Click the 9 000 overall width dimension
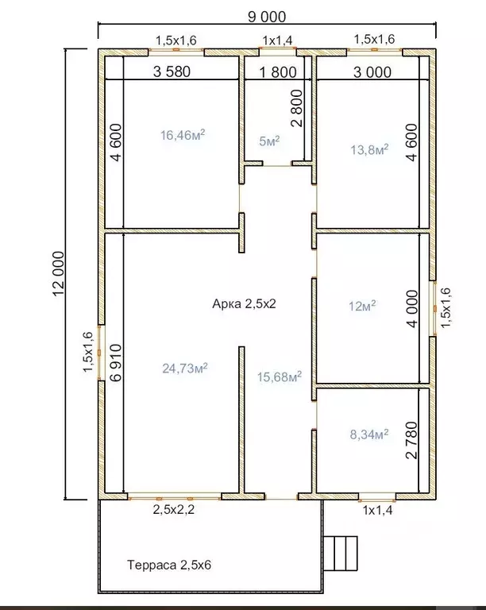tap(267, 17)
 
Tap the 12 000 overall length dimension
tap(58, 274)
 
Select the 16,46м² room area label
tap(183, 135)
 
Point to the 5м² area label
tap(269, 141)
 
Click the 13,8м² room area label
tap(369, 149)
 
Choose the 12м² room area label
tap(362, 306)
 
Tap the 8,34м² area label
tap(369, 434)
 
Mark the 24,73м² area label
tap(185, 368)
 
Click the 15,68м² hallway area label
tap(280, 376)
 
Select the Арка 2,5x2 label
tap(244, 303)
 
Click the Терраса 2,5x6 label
tap(169, 565)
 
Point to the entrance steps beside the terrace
tap(341, 554)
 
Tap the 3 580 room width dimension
tap(172, 71)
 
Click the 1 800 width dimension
tap(278, 72)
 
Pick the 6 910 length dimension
tap(116, 362)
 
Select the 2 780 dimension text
tap(411, 440)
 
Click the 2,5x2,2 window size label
tap(173, 510)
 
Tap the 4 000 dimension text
tap(411, 309)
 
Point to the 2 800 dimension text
tap(296, 109)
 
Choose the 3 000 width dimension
tap(372, 72)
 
